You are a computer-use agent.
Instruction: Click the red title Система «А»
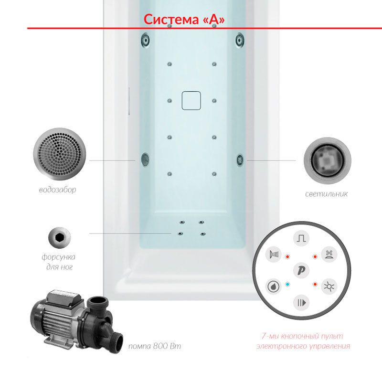tap(184, 19)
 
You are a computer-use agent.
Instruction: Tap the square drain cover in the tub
tap(191, 101)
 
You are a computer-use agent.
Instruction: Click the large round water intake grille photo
tap(60, 154)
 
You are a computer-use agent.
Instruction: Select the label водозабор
tap(58, 190)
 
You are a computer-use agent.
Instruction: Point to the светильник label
tap(327, 194)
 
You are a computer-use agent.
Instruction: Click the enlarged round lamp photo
tap(327, 160)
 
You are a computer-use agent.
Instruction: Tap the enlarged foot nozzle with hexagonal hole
tap(59, 237)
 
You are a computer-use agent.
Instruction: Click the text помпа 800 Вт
tap(155, 346)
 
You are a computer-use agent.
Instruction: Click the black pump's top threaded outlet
tap(97, 303)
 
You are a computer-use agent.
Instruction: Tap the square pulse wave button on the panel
tap(301, 238)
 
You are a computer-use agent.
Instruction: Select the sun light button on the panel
tap(329, 286)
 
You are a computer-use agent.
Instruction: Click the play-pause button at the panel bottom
tap(301, 303)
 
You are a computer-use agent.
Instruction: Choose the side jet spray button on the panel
tap(273, 255)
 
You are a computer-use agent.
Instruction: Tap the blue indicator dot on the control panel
tap(287, 284)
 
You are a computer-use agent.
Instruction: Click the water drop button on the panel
tap(273, 286)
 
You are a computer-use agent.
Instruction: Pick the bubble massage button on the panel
tap(329, 255)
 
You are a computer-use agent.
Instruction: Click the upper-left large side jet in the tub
tap(145, 39)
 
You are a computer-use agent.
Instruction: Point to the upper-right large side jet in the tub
tap(240, 39)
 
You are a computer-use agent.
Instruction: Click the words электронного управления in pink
tap(303, 346)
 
